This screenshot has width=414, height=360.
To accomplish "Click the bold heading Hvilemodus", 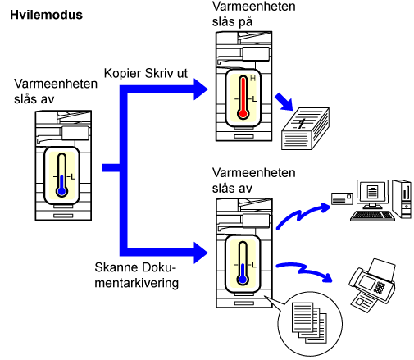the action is pyautogui.click(x=46, y=15).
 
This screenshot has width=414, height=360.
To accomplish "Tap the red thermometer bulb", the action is pyautogui.click(x=243, y=113).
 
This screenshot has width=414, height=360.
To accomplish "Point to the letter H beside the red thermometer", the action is pyautogui.click(x=252, y=79).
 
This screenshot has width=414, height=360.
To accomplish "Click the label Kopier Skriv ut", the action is pyautogui.click(x=146, y=73).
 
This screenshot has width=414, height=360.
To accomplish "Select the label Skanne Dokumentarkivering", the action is pyautogui.click(x=136, y=275).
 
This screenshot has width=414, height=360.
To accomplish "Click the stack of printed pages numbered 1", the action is pyautogui.click(x=305, y=129).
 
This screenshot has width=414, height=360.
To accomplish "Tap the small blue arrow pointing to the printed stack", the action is pyautogui.click(x=284, y=102).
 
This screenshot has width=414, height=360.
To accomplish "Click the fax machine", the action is pyautogui.click(x=372, y=285).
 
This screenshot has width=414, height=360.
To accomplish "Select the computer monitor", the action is pyautogui.click(x=372, y=194).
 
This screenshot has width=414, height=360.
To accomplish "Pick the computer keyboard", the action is pyautogui.click(x=372, y=216).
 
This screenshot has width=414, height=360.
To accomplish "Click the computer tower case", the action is pyautogui.click(x=402, y=198).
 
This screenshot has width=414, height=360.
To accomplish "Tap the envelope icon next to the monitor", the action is pyautogui.click(x=342, y=198).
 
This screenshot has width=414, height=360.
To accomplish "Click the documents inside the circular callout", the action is pyautogui.click(x=309, y=322).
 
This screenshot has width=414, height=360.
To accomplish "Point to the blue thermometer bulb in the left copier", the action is pyautogui.click(x=61, y=191).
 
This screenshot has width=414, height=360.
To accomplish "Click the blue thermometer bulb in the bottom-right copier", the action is pyautogui.click(x=243, y=280).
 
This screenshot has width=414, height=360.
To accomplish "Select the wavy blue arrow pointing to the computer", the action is pyautogui.click(x=303, y=215).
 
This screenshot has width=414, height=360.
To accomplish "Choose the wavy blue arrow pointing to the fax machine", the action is pyautogui.click(x=304, y=271).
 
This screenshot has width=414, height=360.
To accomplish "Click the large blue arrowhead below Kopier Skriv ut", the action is pyautogui.click(x=201, y=89).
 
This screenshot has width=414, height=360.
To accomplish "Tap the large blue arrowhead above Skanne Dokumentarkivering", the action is pyautogui.click(x=201, y=253).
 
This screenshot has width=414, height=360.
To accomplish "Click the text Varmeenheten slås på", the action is pyautogui.click(x=253, y=14).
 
